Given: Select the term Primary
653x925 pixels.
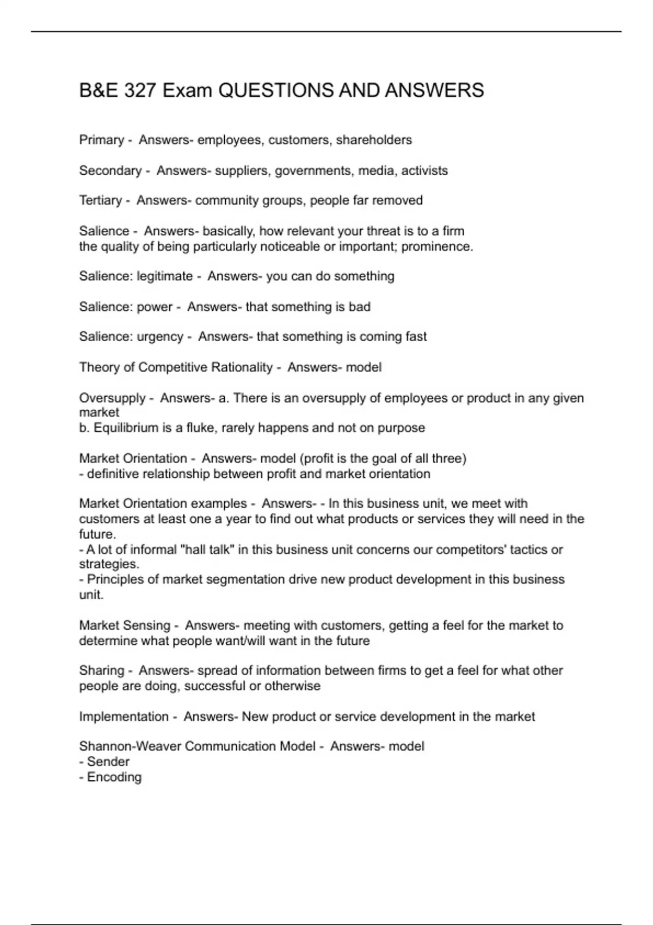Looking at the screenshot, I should pos(101,140).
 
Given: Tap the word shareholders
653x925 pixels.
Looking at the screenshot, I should pos(374,140).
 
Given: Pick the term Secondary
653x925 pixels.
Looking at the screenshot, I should pos(110,171).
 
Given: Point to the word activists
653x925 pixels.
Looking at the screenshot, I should pos(424,171).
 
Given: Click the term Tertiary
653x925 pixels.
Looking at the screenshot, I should pos(100,201).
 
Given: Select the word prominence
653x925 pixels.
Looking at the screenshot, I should pos(437,246).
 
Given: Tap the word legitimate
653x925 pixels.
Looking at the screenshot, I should pos(164,276).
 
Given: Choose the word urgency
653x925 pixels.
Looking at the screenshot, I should pos(160,337).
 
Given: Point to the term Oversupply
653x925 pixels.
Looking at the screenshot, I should pos(112,398).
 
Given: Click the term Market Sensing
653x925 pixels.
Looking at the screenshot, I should pos(125,626).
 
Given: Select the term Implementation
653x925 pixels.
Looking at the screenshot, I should pos(124,717).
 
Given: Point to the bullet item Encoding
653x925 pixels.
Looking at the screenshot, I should pos(114,777).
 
